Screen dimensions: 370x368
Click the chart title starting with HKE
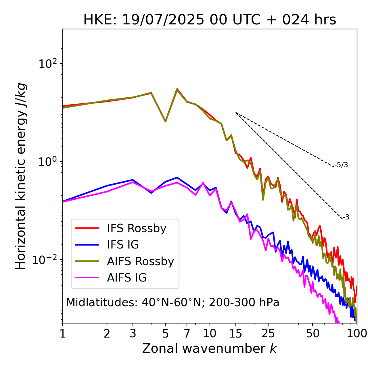click(210, 20)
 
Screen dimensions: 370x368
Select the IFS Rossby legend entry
click(137, 228)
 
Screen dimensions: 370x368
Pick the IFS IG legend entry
click(123, 245)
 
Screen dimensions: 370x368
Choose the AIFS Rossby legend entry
click(140, 261)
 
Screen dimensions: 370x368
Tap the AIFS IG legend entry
click(127, 278)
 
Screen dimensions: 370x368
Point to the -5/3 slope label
click(341, 165)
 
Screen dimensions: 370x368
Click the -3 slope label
click(346, 217)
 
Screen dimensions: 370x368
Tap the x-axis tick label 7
click(187, 334)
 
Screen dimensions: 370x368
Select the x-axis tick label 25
click(268, 334)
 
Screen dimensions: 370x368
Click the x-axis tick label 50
click(313, 334)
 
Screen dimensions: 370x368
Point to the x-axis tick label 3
click(133, 334)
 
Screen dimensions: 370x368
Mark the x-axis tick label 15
click(235, 334)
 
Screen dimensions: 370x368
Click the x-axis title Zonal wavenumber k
click(210, 348)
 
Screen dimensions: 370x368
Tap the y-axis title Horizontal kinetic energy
click(21, 176)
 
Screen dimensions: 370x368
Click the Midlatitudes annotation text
click(172, 302)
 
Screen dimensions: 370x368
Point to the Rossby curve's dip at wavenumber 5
click(165, 121)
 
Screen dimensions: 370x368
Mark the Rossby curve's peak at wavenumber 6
click(177, 89)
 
